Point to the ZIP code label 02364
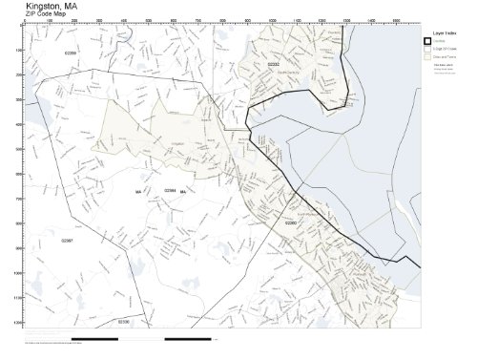click(x=170, y=190)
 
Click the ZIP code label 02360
click(x=291, y=222)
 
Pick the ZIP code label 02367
click(x=67, y=240)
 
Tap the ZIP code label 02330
click(x=124, y=323)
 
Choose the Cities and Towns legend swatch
click(x=429, y=56)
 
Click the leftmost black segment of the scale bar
click(x=94, y=338)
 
